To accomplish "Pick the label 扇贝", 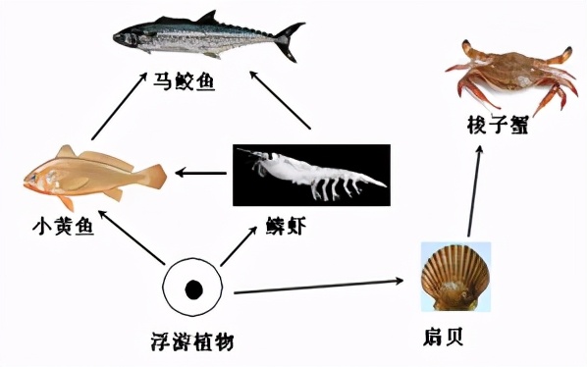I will tap(447, 338).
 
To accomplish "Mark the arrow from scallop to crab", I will tap(475, 192).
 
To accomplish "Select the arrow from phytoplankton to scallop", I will tap(319, 286).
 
